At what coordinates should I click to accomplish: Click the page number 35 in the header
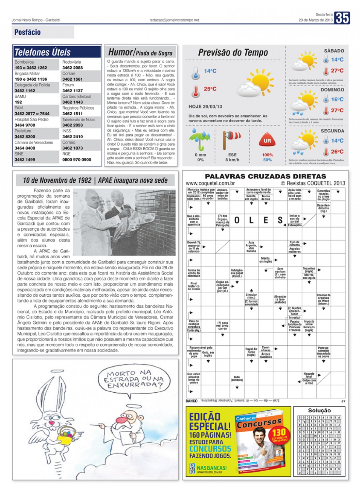tap(342, 18)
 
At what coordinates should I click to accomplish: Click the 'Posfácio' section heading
tap(28, 32)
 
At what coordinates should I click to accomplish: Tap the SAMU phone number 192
tap(18, 102)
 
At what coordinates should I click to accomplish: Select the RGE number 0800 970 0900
tap(77, 160)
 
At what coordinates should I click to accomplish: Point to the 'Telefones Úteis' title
tap(43, 52)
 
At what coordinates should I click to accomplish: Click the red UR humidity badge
tap(267, 141)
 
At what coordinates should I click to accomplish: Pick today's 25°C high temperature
tap(210, 89)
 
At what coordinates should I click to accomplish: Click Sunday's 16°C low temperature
tap(337, 99)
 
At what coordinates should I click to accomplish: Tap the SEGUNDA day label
tap(332, 131)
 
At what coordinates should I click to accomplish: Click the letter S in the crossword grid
tap(280, 220)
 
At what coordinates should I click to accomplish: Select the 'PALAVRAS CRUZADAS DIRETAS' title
tap(265, 176)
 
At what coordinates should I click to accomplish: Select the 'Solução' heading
tap(319, 410)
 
